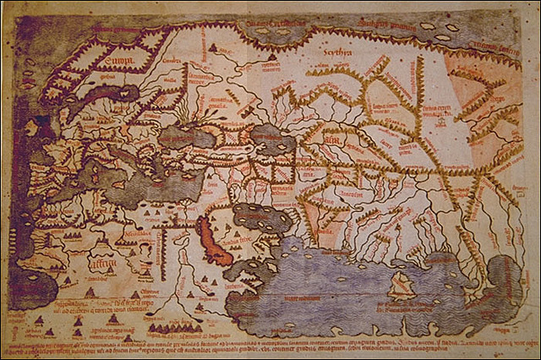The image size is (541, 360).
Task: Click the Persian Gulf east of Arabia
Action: [261, 218]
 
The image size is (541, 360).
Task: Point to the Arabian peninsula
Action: [237, 241]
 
